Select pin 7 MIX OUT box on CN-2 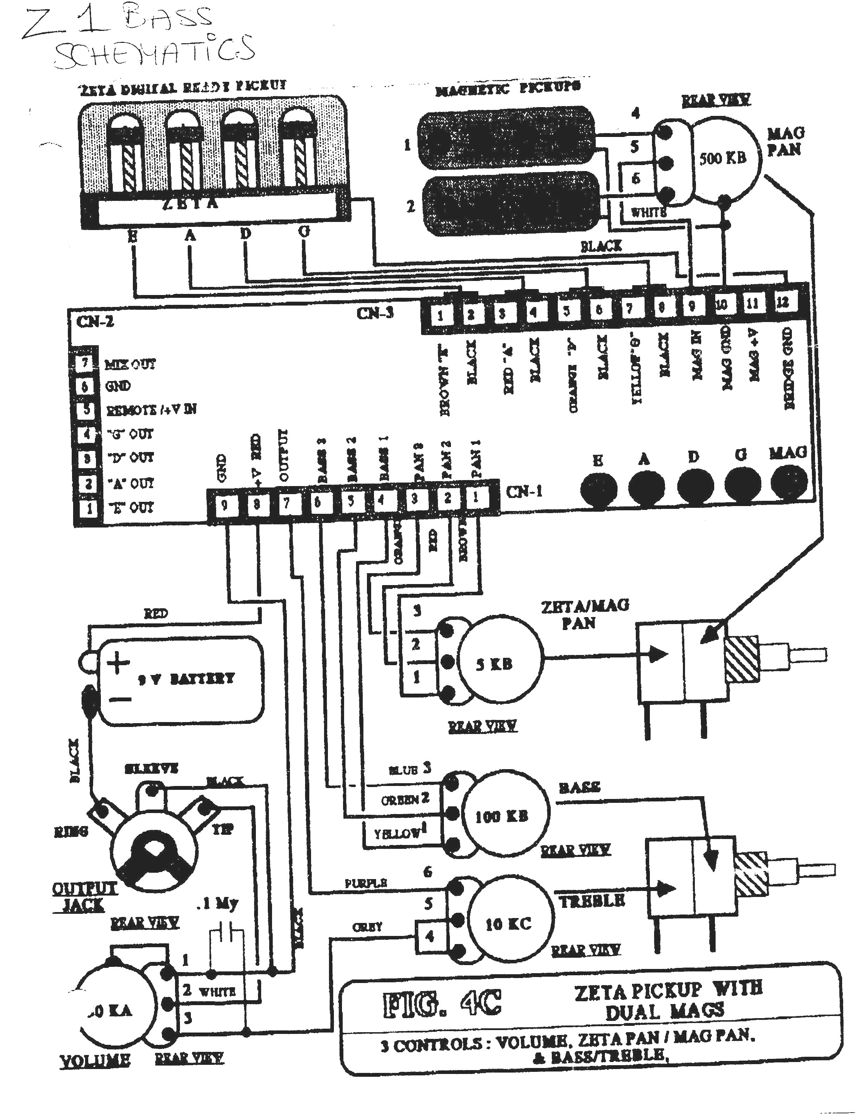(x=85, y=363)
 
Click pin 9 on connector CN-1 (x=224, y=504)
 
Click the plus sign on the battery (x=118, y=663)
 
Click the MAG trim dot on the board (x=789, y=482)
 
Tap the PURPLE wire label (x=366, y=883)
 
